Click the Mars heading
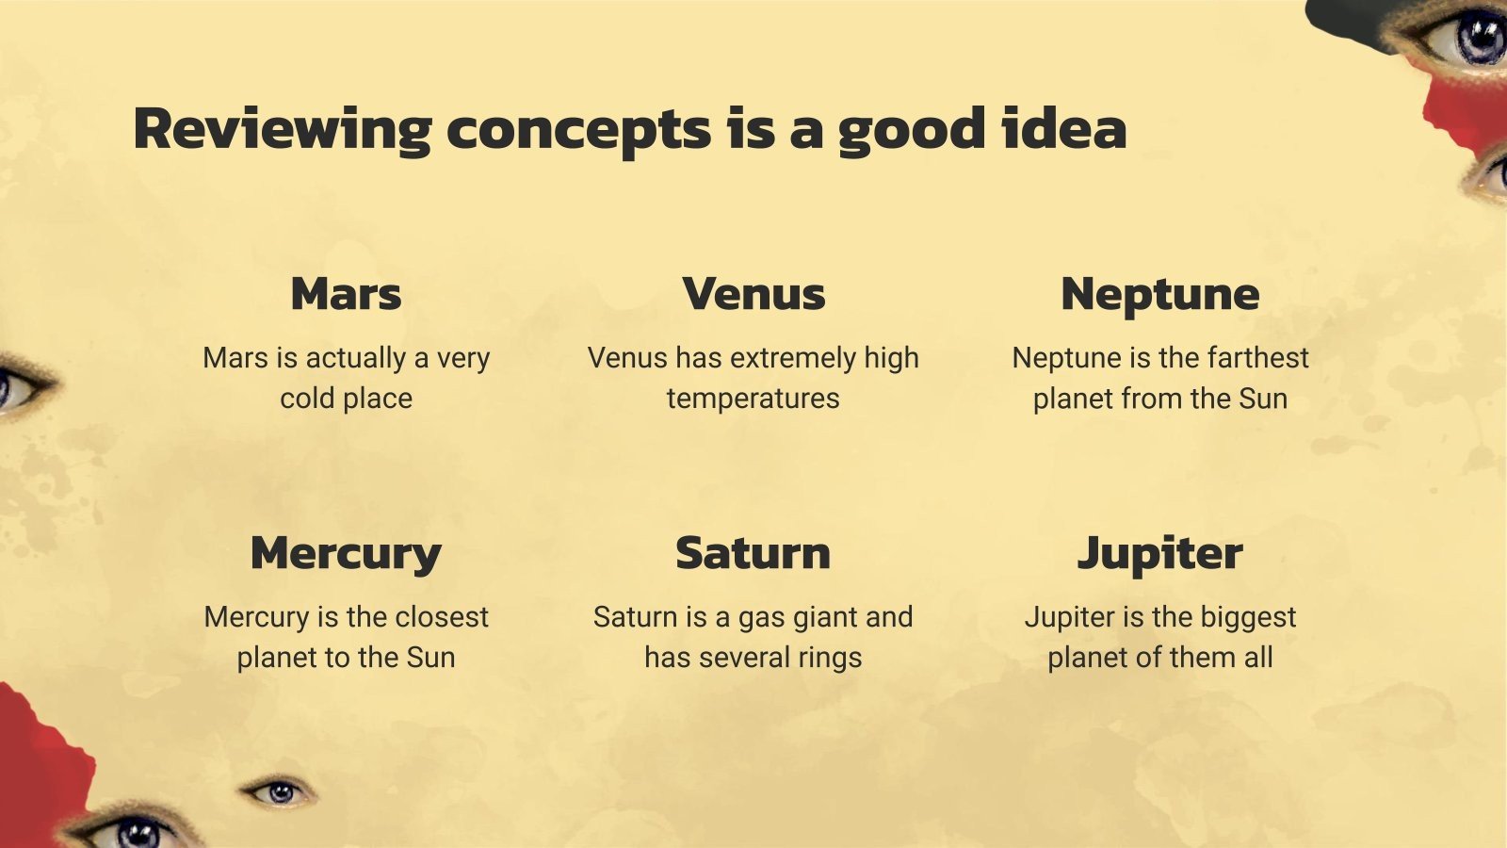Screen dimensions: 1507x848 click(346, 293)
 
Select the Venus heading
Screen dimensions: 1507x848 click(753, 293)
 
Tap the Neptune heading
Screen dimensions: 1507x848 click(1159, 295)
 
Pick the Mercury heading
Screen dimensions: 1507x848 click(346, 555)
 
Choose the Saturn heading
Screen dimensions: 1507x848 click(753, 553)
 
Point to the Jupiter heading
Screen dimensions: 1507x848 click(1159, 555)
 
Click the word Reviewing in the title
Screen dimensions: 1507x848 click(283, 131)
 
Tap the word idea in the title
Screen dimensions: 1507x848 click(1064, 128)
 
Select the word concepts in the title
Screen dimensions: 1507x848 click(578, 132)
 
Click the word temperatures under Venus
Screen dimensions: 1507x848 click(753, 399)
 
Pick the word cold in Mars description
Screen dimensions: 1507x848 click(307, 398)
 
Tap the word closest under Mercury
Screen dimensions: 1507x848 click(442, 616)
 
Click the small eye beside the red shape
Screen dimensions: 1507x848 click(278, 792)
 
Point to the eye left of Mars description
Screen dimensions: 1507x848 click(24, 386)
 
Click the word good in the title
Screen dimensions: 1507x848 click(912, 132)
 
